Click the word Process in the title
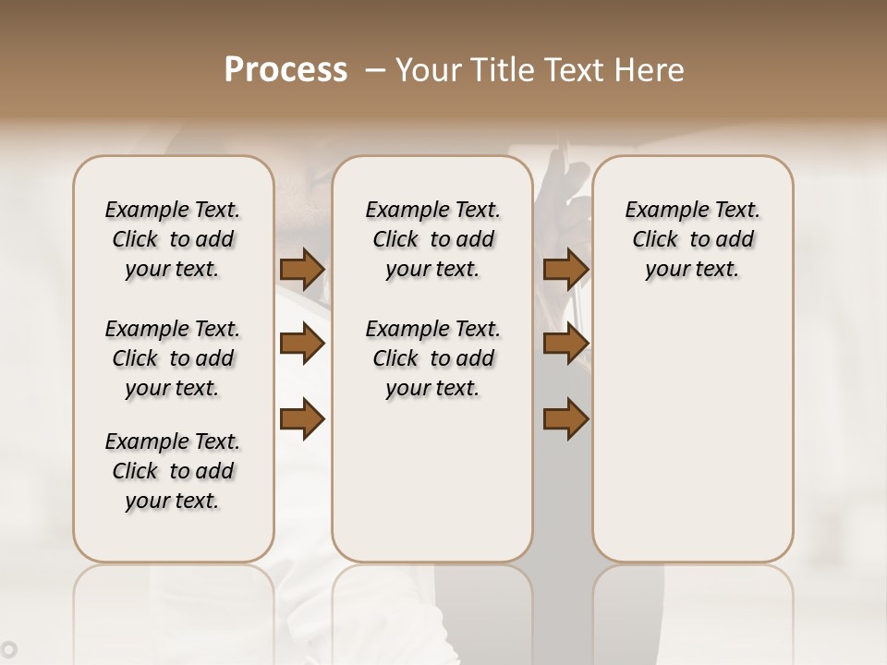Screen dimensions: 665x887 [x=286, y=69]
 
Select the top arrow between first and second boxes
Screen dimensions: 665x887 [x=302, y=270]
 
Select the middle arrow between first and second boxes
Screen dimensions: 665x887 [x=302, y=345]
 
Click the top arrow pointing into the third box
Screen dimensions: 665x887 [x=565, y=270]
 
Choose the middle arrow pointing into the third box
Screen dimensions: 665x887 [x=565, y=345]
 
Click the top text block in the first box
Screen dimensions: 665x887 [x=173, y=239]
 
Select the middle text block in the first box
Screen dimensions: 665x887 [x=173, y=358]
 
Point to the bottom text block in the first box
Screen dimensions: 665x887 [x=173, y=471]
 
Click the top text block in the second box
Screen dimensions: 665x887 [x=432, y=239]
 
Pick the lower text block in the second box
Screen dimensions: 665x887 [x=432, y=358]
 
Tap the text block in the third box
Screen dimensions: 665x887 [x=692, y=239]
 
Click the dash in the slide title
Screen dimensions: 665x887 [x=375, y=69]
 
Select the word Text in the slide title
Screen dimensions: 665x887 [x=575, y=69]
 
